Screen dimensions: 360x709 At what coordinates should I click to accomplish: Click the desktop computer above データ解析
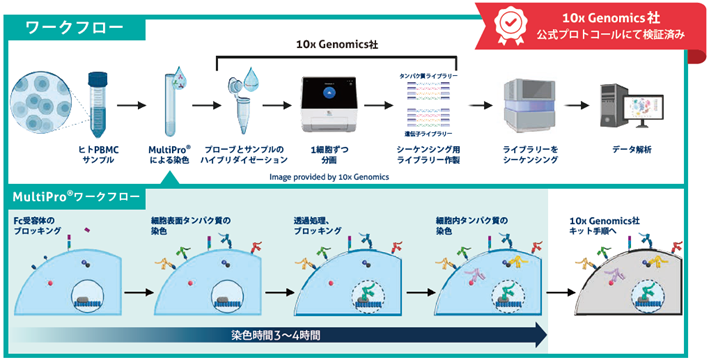point(630,106)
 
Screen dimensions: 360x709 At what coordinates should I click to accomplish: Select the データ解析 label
point(631,149)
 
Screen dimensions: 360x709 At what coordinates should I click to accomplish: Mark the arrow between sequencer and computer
point(581,104)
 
